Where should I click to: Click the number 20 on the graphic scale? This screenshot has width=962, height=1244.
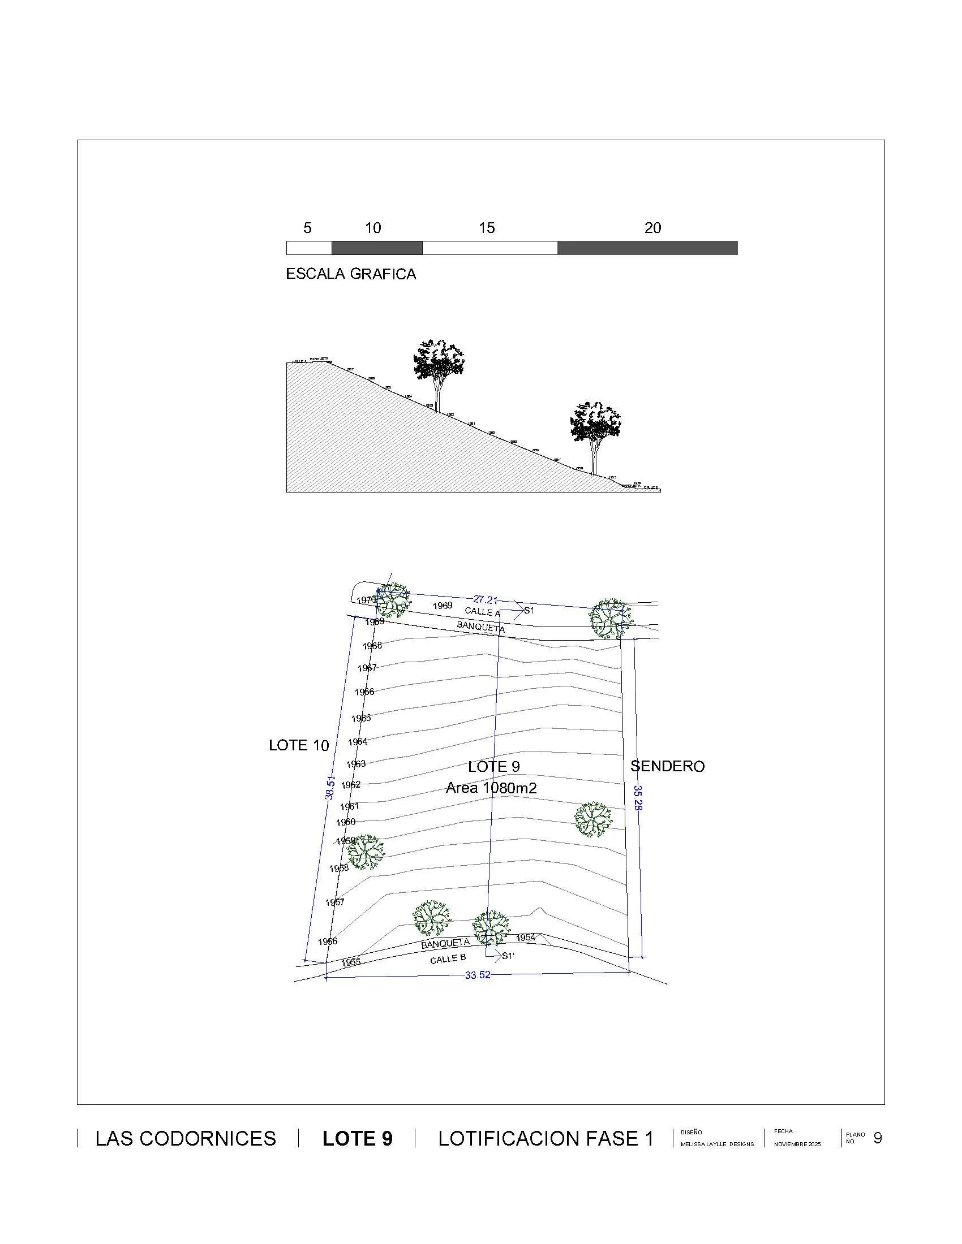point(652,228)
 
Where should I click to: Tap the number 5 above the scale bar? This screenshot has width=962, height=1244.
point(307,228)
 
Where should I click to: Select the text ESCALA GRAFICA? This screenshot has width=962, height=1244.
point(350,274)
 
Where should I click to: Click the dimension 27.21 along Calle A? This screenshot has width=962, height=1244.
point(486,600)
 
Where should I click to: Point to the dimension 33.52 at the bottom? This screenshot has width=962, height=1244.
point(478,975)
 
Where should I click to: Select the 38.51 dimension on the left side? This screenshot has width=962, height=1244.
point(330,788)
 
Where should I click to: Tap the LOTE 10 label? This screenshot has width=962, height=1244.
point(299,745)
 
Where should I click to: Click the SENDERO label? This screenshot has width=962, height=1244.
point(667,766)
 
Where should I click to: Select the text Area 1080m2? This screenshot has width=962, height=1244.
point(491,788)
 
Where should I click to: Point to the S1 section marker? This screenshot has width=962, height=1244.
point(529,611)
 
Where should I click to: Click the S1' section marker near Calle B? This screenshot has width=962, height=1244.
point(508,956)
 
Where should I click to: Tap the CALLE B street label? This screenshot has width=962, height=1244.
point(448,959)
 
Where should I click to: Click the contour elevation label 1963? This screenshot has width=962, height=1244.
point(356,763)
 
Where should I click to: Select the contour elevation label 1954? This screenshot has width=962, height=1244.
point(526,938)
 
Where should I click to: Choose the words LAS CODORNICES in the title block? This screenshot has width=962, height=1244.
point(186,1139)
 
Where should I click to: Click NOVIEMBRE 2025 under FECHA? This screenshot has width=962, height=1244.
point(797,1144)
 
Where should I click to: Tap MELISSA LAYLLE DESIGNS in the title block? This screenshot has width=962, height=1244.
point(717,1144)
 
